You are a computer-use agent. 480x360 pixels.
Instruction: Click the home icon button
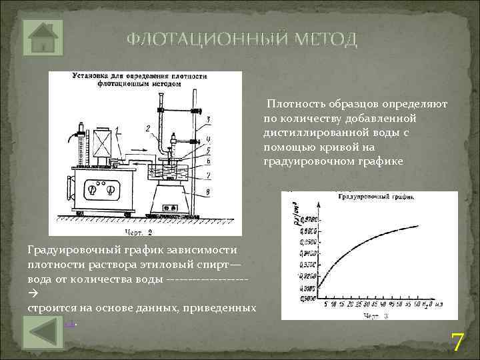[x=43, y=37]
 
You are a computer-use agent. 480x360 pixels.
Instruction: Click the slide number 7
[x=457, y=342]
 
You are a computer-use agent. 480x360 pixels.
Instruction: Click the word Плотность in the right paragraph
[x=294, y=105]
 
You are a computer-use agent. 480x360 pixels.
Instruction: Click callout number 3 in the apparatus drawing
[x=209, y=119]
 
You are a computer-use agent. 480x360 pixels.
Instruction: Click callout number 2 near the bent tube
[x=147, y=126]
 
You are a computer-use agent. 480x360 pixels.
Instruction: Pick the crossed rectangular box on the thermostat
[x=103, y=143]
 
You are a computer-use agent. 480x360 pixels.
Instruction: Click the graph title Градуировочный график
[x=377, y=198]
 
